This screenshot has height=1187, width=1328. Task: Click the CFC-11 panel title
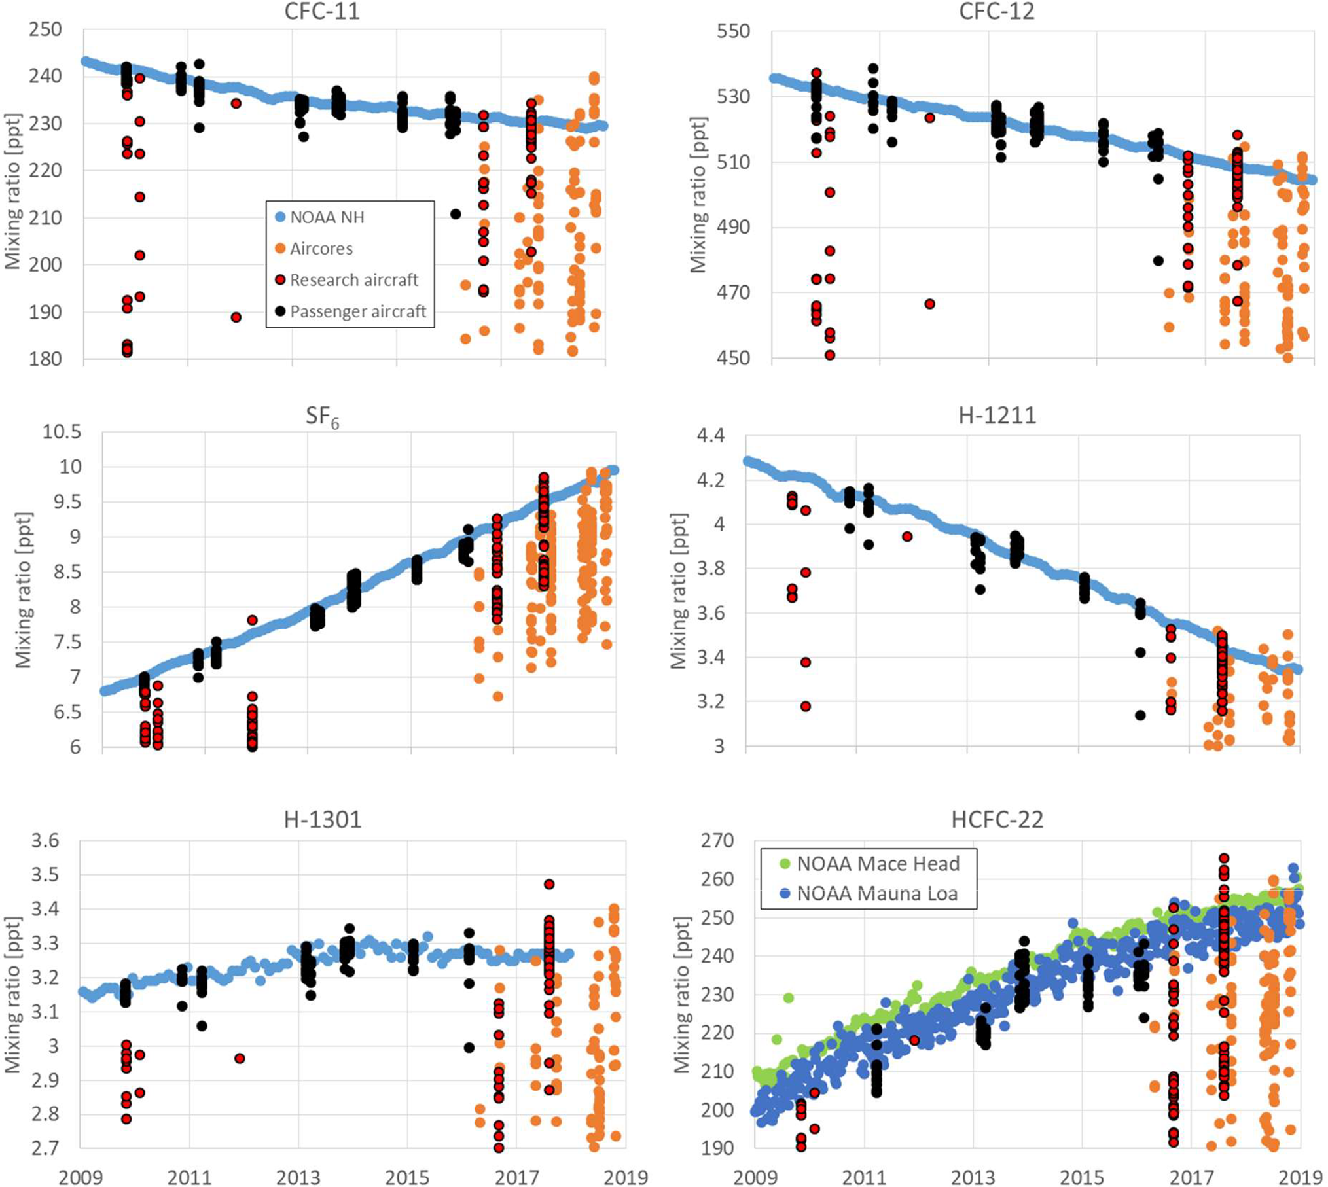pos(321,12)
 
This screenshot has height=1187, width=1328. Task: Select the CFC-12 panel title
pos(996,12)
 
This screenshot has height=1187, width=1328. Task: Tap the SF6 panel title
pos(323,417)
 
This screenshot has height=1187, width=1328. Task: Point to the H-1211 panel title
pos(997,416)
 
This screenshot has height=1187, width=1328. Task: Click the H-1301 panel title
pos(323,819)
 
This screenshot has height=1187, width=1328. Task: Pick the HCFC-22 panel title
pos(997,819)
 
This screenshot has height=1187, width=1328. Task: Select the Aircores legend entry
pos(321,249)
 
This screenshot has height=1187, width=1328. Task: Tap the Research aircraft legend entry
pos(353,280)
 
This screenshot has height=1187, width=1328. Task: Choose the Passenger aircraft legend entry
pos(357,311)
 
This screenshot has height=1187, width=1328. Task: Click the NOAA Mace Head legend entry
pos(877,864)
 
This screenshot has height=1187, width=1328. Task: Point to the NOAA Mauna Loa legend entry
pos(877,894)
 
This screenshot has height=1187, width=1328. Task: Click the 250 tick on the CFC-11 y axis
pos(46,29)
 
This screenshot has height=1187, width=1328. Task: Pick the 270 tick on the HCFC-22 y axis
pos(717,840)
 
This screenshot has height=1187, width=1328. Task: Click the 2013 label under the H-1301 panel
pos(298,1177)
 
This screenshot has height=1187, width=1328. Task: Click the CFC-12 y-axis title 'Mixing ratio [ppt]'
pos(698,195)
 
